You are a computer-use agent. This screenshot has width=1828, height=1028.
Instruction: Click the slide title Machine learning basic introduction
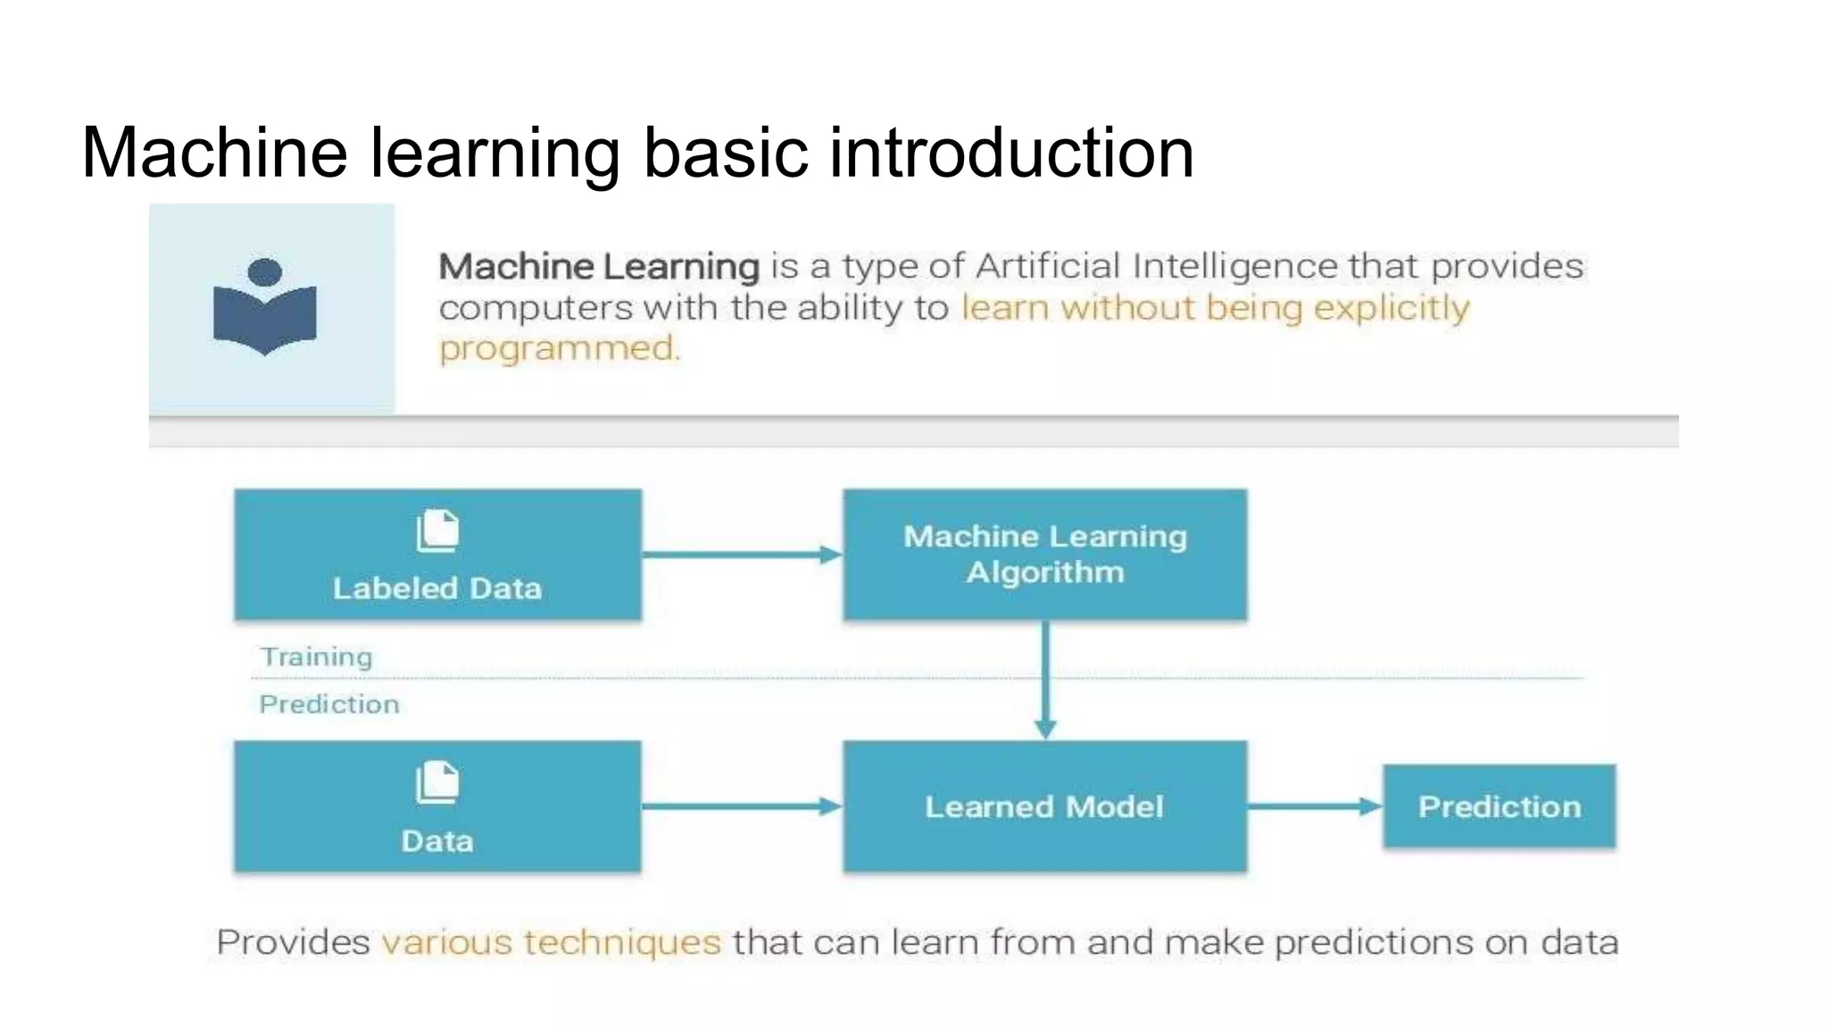coord(637,153)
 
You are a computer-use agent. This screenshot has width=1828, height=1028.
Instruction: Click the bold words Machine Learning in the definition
coord(599,267)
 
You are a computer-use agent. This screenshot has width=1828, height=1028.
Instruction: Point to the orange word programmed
coord(559,348)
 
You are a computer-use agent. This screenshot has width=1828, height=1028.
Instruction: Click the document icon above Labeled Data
coord(437,531)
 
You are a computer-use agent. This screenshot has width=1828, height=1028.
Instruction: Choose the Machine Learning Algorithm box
coord(1044,554)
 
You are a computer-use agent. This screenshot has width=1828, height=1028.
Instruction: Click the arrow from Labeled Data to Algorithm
coord(741,555)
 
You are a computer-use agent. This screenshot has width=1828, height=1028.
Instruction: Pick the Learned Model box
coord(1044,807)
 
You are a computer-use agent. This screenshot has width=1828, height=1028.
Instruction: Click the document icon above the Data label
coord(437,783)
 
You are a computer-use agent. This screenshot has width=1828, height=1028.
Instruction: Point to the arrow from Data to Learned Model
coord(741,807)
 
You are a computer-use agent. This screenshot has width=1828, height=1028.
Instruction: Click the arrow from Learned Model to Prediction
coord(1314,807)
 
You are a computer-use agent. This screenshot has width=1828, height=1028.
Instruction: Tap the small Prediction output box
coord(1499,807)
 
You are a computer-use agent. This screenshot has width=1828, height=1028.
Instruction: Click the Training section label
coord(316,657)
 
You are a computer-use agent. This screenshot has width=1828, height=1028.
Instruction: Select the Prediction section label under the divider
coord(329,704)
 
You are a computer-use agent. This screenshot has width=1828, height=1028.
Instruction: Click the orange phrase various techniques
coord(552,942)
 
